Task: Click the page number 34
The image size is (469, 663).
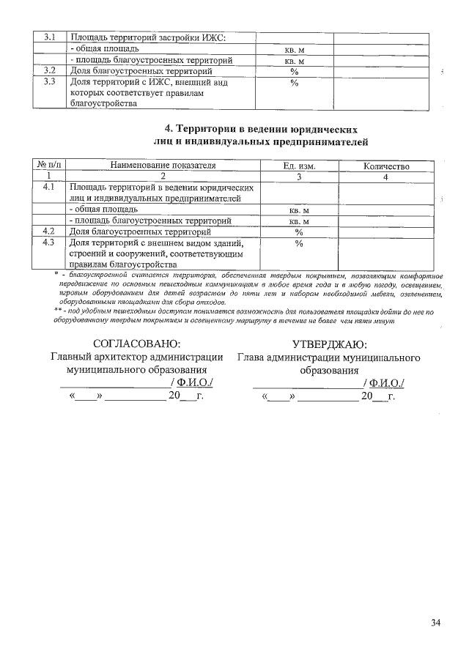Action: coord(436,623)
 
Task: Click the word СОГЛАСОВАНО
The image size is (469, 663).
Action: coord(136,344)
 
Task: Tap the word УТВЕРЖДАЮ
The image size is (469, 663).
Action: coord(330,344)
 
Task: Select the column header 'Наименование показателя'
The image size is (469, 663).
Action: coord(163,166)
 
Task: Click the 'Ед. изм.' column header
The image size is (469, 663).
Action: coord(299,166)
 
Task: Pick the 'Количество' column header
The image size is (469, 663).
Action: coord(386,166)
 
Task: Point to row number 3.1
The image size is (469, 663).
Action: coord(50,37)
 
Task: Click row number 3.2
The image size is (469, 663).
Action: coord(50,71)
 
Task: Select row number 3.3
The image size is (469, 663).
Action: coord(50,82)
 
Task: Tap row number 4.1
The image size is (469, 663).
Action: coord(49,188)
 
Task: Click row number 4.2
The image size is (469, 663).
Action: coord(49,232)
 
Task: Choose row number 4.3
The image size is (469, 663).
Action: coord(49,242)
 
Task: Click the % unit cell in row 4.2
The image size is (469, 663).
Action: coord(299,232)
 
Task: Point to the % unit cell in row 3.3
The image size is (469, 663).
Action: coord(295,83)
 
